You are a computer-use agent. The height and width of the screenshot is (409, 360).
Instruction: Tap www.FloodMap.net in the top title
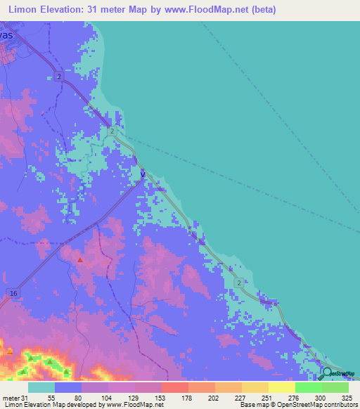click(x=213, y=10)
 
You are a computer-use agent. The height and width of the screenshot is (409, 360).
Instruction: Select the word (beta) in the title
click(x=262, y=10)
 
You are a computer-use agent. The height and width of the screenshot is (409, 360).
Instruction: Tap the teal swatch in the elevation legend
click(x=41, y=387)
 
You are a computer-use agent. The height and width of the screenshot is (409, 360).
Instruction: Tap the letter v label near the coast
click(x=143, y=173)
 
